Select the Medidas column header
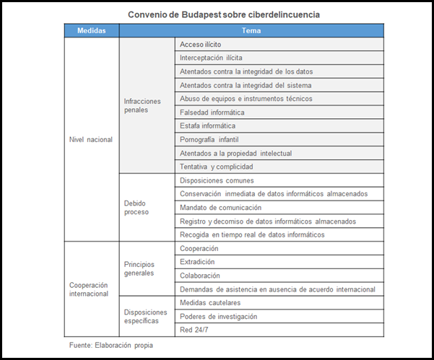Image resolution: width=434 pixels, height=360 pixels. click(x=91, y=31)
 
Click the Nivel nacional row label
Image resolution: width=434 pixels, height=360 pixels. click(x=90, y=139)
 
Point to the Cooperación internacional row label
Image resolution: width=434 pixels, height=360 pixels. click(x=90, y=289)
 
